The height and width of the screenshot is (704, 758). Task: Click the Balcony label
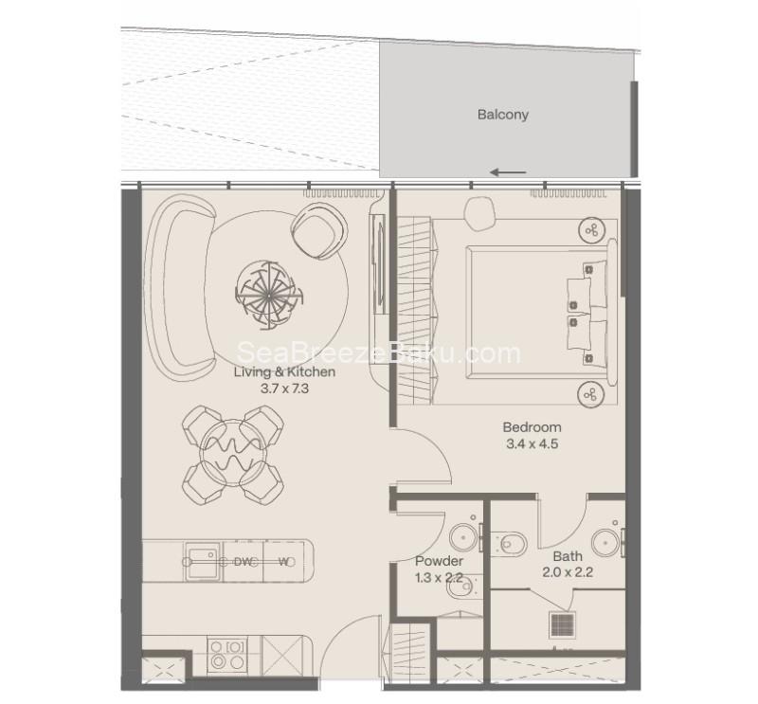point(503,115)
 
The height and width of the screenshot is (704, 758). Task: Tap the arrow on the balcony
point(508,172)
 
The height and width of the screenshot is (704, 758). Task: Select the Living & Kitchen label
point(284,371)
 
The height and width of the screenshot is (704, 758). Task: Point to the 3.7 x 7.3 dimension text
point(284,388)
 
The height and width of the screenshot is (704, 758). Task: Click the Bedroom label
point(532,427)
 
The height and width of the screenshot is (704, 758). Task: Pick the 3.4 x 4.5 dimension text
point(532,443)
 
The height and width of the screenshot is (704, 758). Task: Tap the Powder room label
point(439,561)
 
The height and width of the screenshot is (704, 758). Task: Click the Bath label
point(568,556)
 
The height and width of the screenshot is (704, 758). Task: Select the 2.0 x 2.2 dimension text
point(568,572)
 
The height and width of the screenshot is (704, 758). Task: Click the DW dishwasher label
point(244,562)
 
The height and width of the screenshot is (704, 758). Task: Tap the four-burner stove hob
point(226,655)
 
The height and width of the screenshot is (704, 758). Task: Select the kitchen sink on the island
point(204,561)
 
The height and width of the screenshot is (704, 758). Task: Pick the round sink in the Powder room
point(463,536)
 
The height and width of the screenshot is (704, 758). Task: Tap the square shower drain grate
point(563,624)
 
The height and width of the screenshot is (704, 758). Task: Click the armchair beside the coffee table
point(320,230)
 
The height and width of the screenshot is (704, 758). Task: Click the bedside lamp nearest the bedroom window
point(591,230)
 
